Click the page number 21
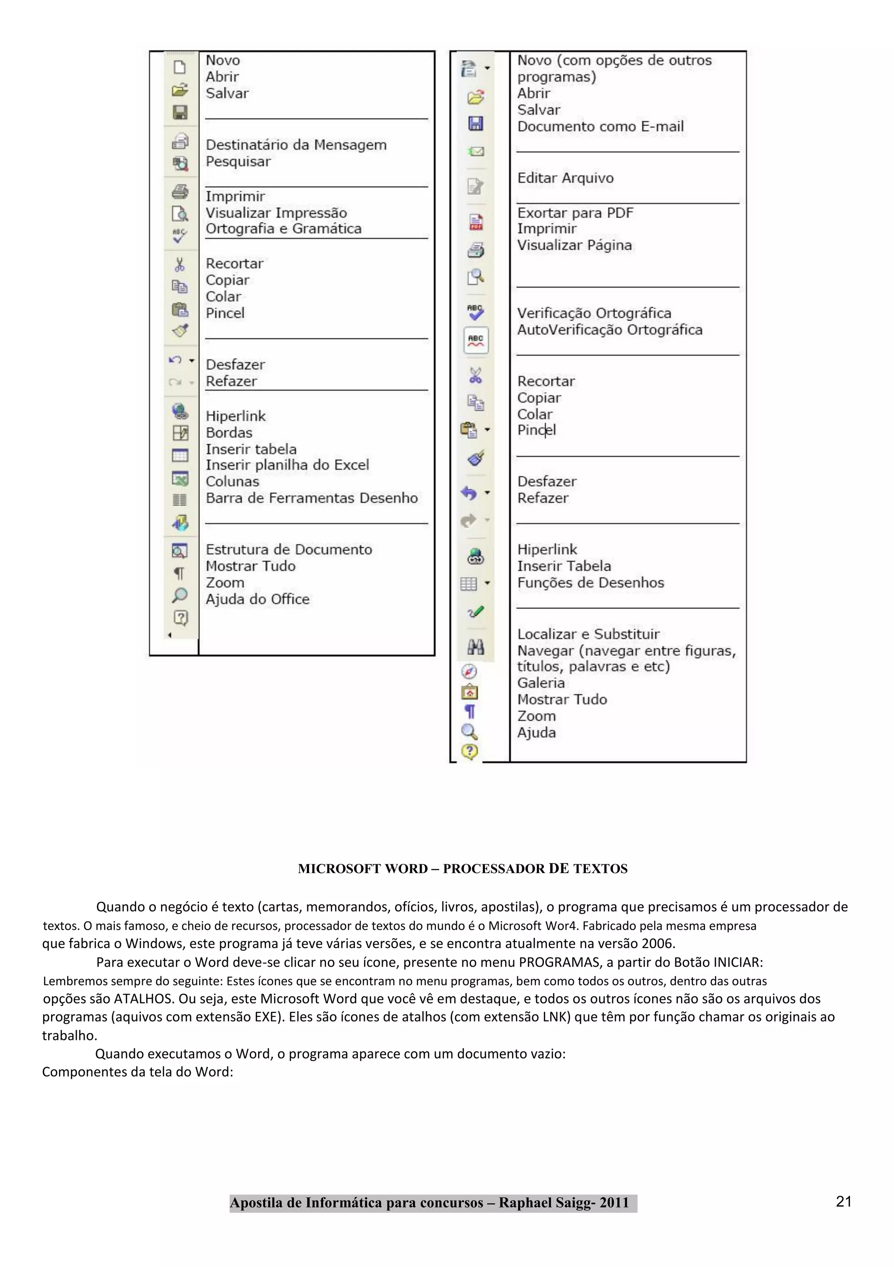click(843, 1201)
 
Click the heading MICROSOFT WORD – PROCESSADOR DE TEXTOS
click(462, 869)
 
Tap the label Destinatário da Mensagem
click(296, 145)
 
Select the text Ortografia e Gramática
click(283, 228)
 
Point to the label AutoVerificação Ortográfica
click(609, 330)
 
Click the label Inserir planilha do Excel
click(287, 465)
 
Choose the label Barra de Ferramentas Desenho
click(312, 498)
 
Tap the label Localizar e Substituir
click(588, 634)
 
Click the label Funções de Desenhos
click(590, 583)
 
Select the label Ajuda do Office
click(258, 599)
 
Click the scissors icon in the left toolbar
click(180, 265)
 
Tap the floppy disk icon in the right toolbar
click(475, 124)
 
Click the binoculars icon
click(475, 646)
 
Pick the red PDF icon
click(475, 222)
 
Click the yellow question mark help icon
click(469, 751)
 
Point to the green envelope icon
click(475, 151)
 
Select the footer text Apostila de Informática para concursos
click(356, 1203)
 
